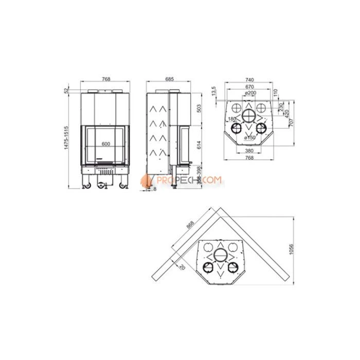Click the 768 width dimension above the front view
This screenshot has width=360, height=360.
(106, 79)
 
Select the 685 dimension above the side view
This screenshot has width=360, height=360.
(170, 79)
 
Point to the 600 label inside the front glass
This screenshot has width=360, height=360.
(106, 143)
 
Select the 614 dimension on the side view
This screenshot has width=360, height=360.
(199, 146)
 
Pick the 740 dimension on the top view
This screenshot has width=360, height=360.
(249, 80)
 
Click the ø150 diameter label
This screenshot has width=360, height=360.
(249, 138)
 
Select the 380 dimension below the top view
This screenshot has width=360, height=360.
(249, 151)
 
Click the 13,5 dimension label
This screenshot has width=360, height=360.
(213, 92)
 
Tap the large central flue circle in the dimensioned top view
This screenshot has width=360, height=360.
(249, 115)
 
